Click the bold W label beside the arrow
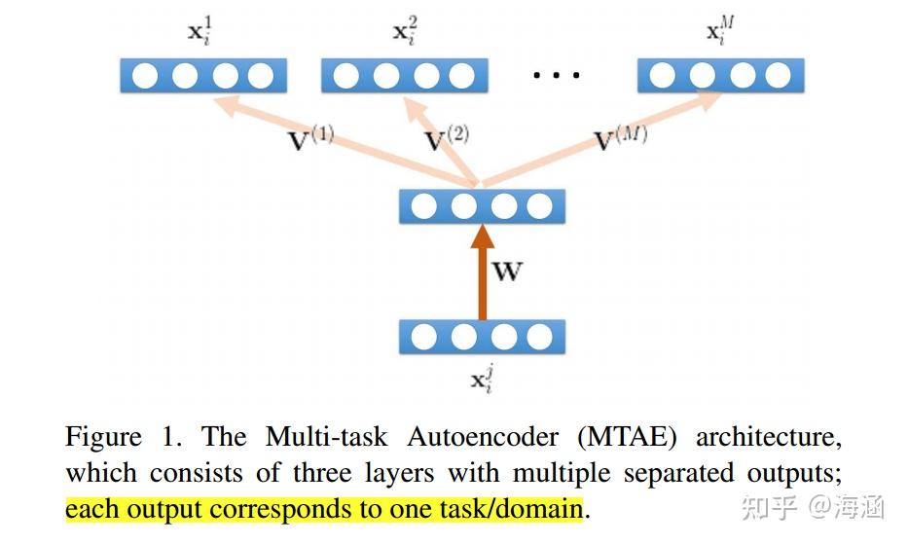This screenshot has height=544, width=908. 507,271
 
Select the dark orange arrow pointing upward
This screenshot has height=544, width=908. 480,272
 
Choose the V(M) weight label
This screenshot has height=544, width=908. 620,138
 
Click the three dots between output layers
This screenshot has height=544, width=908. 556,75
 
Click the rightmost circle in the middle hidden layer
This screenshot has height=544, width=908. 538,206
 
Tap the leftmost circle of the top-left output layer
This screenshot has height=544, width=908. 145,75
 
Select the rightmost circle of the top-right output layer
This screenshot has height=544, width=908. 778,75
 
